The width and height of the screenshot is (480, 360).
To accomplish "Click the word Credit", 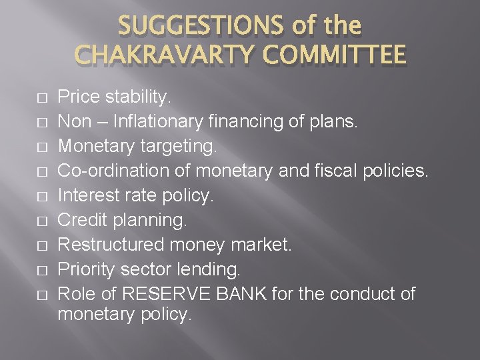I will (x=79, y=220).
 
